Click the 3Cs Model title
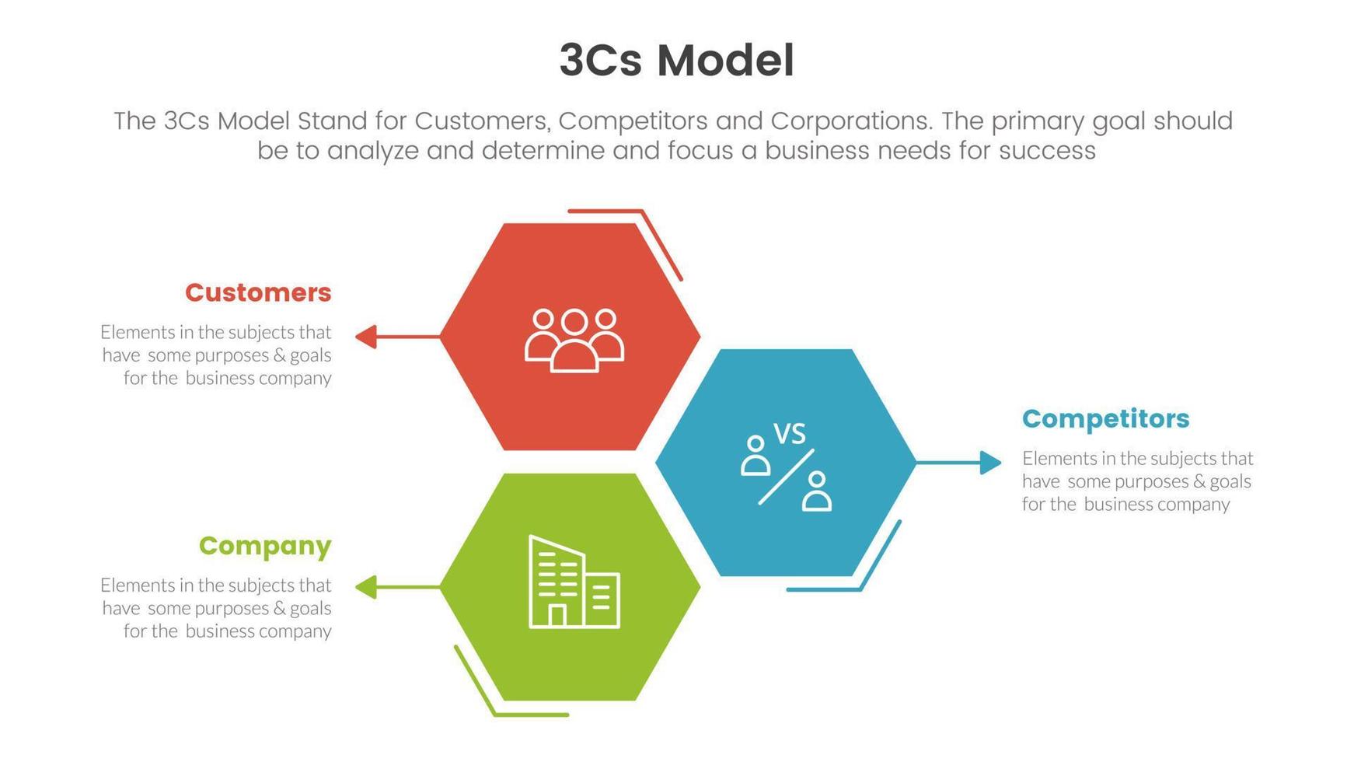coord(676,61)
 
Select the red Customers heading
coord(258,292)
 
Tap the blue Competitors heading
coord(1105,418)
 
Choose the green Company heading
coord(265,546)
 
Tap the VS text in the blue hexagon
coord(790,434)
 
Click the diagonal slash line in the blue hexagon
coord(786,477)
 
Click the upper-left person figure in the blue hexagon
coord(755,456)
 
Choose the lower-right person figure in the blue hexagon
coord(816,491)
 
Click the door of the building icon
coord(557,616)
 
